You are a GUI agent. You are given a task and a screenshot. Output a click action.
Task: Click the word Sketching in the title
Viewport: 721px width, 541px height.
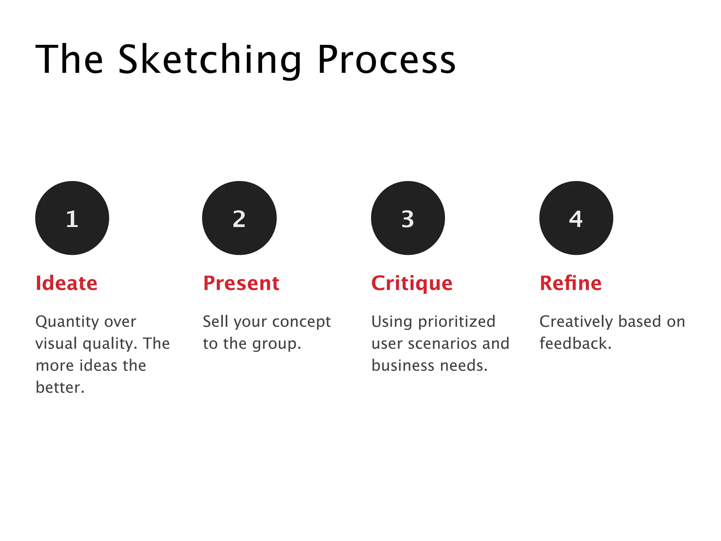point(209,60)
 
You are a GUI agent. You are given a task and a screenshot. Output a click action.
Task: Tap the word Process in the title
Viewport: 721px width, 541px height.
point(386,60)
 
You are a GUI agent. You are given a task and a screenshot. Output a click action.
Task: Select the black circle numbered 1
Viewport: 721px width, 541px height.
point(72,218)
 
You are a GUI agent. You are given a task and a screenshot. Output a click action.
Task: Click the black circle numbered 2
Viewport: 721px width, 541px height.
point(239,218)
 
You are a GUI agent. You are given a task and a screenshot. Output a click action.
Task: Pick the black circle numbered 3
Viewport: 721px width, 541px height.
point(408,218)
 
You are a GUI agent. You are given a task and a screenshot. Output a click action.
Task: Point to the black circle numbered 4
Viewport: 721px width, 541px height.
point(576,218)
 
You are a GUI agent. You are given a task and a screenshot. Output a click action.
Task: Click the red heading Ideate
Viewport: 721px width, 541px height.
point(67,283)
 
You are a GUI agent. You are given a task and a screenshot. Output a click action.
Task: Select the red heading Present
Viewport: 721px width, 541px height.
point(241,283)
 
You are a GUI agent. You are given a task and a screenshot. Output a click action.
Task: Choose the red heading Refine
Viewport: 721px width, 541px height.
point(571,283)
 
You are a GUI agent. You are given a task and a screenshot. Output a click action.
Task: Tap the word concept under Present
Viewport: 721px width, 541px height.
point(301,322)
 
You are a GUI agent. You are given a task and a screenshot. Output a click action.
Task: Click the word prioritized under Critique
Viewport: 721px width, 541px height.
point(457,322)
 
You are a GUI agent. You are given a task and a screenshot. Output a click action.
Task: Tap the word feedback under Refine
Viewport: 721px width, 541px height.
point(573,343)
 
